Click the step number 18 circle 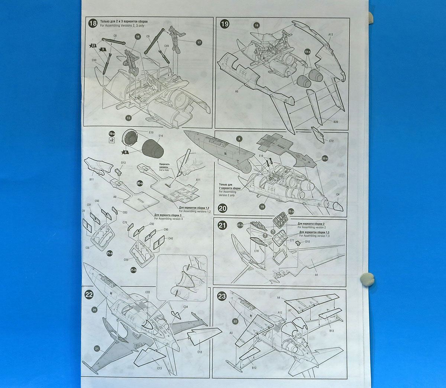coord(93,24)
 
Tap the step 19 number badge coord(224,24)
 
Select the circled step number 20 coord(222,208)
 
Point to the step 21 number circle coord(222,225)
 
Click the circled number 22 coord(89,295)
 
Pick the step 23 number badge coord(222,296)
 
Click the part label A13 coord(330,35)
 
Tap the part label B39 coord(336,122)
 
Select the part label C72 coord(331,141)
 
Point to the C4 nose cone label coord(337,194)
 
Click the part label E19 coord(151,133)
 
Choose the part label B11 coord(91,179)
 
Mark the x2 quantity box coord(111,140)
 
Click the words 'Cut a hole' coord(164,170)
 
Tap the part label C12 coord(200,352)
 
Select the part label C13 coord(159,368)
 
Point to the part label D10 coord(307,242)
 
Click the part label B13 coord(331,330)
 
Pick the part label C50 coord(94,60)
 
